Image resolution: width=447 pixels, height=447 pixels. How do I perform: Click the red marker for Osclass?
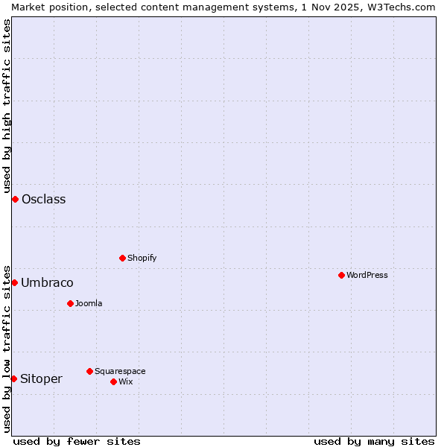click(x=15, y=199)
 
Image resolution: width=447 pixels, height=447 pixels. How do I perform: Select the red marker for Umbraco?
click(x=14, y=282)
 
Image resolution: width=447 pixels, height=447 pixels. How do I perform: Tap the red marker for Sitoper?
click(x=13, y=378)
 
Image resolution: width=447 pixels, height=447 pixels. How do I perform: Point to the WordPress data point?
click(x=341, y=275)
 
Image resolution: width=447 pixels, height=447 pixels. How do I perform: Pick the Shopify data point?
click(x=122, y=258)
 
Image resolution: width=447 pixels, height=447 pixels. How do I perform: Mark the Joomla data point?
click(x=70, y=303)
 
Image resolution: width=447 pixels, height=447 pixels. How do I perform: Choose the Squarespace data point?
click(x=89, y=371)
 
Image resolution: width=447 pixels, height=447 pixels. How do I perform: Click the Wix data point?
click(x=113, y=381)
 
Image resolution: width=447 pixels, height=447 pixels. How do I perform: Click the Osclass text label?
click(x=43, y=199)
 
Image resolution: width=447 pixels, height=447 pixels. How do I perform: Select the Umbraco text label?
click(x=47, y=282)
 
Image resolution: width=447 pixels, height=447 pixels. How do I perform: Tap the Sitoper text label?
click(x=41, y=378)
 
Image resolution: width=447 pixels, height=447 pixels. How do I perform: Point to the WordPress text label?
click(x=367, y=275)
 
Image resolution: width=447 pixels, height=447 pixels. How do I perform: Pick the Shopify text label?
click(x=142, y=258)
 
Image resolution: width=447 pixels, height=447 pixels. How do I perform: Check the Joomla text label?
click(x=89, y=303)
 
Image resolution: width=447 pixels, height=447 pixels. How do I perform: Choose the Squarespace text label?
click(x=120, y=371)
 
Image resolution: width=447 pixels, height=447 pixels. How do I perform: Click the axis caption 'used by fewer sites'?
click(x=77, y=441)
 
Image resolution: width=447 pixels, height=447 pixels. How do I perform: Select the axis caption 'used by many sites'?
click(x=374, y=441)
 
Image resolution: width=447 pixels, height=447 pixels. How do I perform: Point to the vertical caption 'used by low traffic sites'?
click(x=7, y=348)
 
